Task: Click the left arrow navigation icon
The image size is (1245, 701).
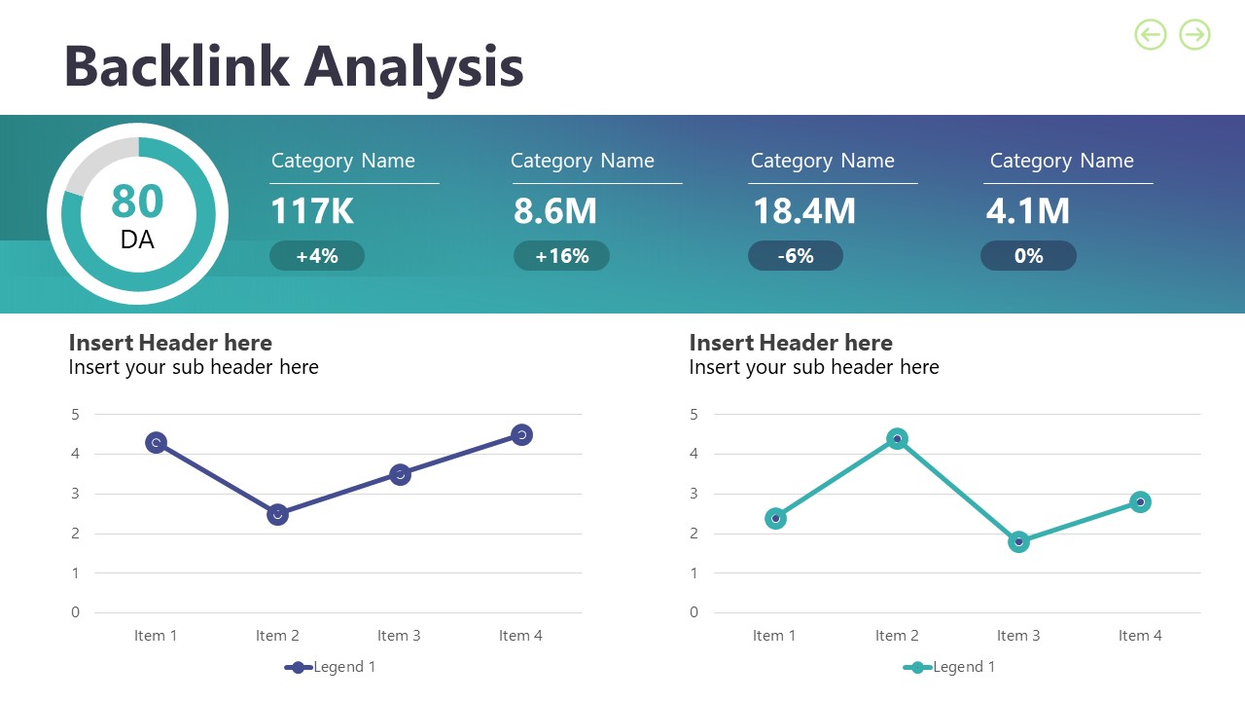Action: (x=1150, y=35)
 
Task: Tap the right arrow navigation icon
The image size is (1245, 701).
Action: (x=1194, y=35)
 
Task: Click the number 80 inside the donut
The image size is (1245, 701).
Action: (x=137, y=202)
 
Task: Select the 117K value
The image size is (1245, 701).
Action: (x=311, y=211)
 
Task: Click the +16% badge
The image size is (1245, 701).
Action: (x=561, y=256)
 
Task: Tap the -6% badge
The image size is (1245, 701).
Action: (x=795, y=256)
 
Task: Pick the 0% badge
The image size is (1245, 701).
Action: (x=1028, y=256)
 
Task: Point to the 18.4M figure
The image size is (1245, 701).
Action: (x=803, y=211)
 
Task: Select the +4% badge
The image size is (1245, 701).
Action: (x=316, y=256)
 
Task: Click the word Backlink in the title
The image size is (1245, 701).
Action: (x=176, y=66)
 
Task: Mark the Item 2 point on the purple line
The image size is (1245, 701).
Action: (x=277, y=514)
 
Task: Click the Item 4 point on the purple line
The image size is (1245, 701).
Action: (x=521, y=434)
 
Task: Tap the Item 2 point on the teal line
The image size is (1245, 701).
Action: (x=897, y=439)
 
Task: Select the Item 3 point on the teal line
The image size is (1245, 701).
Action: (x=1018, y=541)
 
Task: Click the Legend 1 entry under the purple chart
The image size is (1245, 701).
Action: (x=331, y=667)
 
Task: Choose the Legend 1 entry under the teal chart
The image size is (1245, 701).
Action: (x=950, y=667)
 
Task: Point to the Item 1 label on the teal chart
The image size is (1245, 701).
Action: (x=774, y=636)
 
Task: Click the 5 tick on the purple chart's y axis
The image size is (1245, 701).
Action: (x=75, y=415)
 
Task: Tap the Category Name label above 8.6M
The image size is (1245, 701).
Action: (x=582, y=162)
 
